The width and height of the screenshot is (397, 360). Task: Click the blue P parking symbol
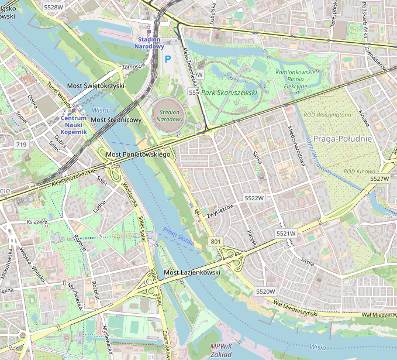pyautogui.click(x=168, y=59)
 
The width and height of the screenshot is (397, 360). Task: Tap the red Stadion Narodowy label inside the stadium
pyautogui.click(x=170, y=115)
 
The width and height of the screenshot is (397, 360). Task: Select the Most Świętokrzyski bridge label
pyautogui.click(x=96, y=86)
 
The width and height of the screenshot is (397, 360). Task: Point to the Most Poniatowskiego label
pyautogui.click(x=138, y=155)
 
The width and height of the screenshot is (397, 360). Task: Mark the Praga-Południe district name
pyautogui.click(x=343, y=139)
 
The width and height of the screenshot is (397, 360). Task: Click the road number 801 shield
pyautogui.click(x=216, y=241)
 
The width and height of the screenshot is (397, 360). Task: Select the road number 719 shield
pyautogui.click(x=22, y=145)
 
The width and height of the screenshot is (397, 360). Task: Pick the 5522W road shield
pyautogui.click(x=254, y=198)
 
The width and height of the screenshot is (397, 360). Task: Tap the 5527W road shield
pyautogui.click(x=379, y=179)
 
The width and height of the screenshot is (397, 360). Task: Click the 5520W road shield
pyautogui.click(x=265, y=291)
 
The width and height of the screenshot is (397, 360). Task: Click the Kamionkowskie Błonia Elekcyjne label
pyautogui.click(x=295, y=79)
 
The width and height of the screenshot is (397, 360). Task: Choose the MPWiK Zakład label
pyautogui.click(x=223, y=349)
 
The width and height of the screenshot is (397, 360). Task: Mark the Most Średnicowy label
pyautogui.click(x=116, y=120)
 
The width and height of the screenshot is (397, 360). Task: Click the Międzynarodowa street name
pyautogui.click(x=296, y=146)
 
